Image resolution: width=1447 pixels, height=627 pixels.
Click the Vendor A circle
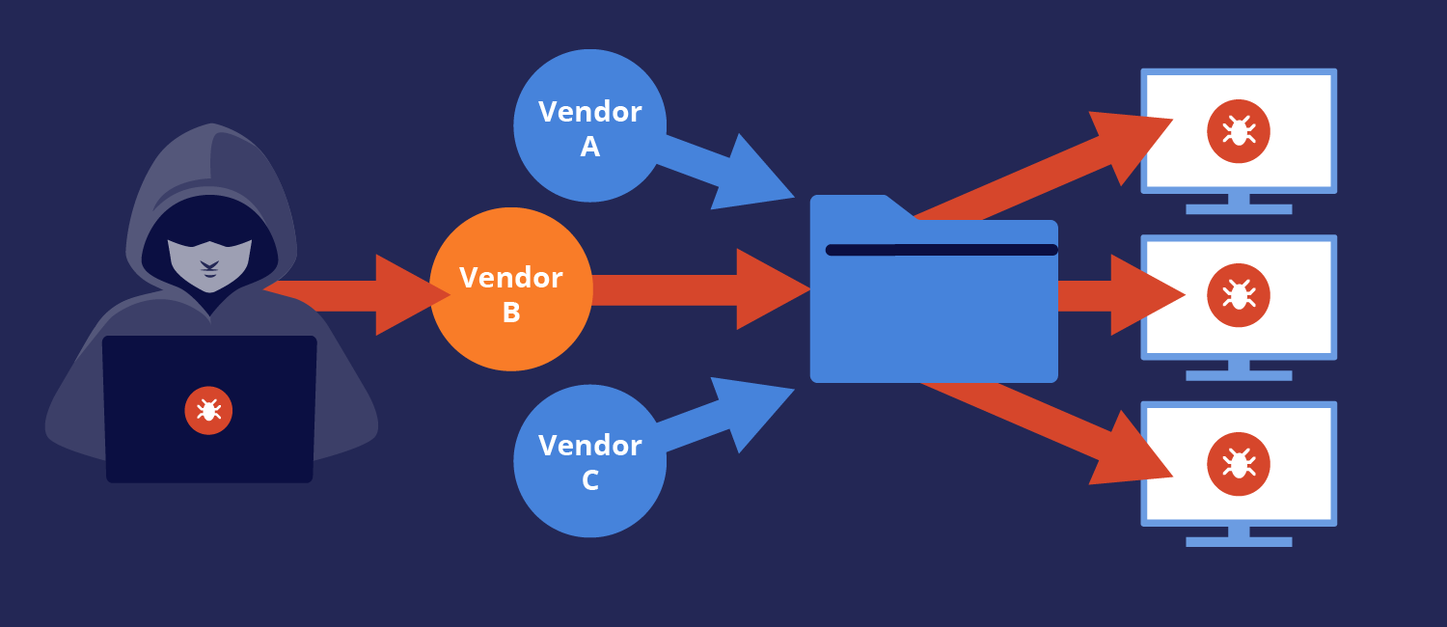click(589, 126)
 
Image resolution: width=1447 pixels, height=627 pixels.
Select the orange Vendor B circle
click(510, 289)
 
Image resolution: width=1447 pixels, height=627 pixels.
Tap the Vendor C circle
click(589, 461)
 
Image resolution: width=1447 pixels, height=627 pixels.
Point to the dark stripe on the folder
click(941, 250)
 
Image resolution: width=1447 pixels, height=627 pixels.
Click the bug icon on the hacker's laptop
click(208, 411)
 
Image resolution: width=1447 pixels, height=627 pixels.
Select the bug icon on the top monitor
click(1238, 131)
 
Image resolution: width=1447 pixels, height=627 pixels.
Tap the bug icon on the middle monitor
click(1238, 295)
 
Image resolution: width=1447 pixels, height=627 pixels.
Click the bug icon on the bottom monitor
click(1238, 464)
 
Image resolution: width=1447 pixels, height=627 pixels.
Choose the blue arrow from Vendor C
click(733, 415)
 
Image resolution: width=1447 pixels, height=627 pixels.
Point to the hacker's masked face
click(209, 259)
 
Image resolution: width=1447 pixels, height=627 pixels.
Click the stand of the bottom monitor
click(1238, 536)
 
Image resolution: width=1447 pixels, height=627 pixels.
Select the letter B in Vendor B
click(511, 313)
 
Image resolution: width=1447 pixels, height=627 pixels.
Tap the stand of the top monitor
click(1238, 204)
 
